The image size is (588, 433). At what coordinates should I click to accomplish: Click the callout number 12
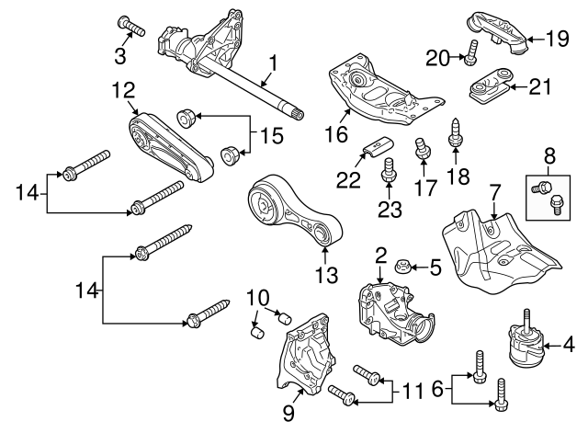click(123, 90)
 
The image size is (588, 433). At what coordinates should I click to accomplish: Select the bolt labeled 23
click(387, 169)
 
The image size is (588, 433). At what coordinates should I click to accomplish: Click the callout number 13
click(326, 273)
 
